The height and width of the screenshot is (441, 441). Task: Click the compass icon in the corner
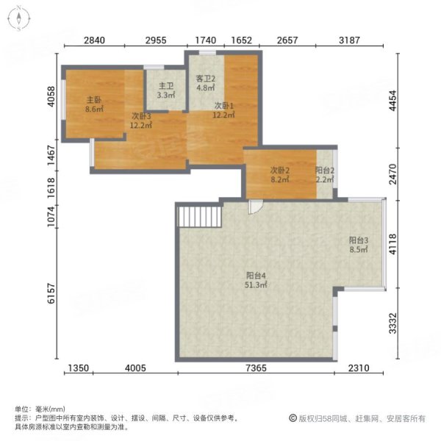tap(18, 18)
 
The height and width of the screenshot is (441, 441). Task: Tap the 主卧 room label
tap(94, 100)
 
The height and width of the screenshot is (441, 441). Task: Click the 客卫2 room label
tap(204, 80)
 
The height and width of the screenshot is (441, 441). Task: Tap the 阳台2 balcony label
tap(326, 171)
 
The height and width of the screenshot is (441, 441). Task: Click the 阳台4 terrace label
tap(255, 276)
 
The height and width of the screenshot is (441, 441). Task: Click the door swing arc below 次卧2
tap(254, 207)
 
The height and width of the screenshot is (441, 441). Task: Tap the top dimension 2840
tap(95, 40)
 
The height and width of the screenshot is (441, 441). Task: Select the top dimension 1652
tap(242, 40)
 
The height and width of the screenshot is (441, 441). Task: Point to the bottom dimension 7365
tap(255, 367)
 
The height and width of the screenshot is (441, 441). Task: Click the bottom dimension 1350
tap(79, 367)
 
